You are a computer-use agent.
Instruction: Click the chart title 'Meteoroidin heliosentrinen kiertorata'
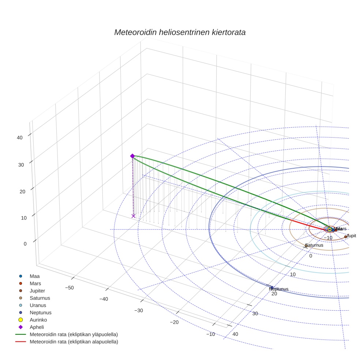point(180,32)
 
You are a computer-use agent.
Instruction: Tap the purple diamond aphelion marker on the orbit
point(132,156)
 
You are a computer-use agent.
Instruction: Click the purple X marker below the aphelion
point(133,216)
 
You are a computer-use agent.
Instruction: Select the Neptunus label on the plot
point(278,289)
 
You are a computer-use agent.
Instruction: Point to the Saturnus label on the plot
point(314,245)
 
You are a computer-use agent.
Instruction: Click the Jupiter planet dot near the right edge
point(345,237)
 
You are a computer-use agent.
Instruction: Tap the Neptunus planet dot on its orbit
point(272,288)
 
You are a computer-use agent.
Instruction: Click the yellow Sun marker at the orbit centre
point(329,229)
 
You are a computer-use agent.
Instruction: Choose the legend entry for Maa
point(34,276)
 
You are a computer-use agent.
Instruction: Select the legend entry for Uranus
point(38,305)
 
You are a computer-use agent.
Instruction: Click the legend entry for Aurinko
point(38,320)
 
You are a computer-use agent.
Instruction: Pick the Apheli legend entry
point(36,327)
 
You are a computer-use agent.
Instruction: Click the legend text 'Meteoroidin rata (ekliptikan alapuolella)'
point(74,342)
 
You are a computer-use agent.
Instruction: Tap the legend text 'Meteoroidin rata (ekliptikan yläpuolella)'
point(74,334)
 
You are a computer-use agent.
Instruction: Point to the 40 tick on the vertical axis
point(19,138)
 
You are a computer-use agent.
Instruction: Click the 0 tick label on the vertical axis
point(25,244)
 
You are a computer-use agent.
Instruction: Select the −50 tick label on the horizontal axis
point(69,288)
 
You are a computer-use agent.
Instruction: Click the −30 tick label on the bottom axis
point(139,311)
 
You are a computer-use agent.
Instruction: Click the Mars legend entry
point(35,283)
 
